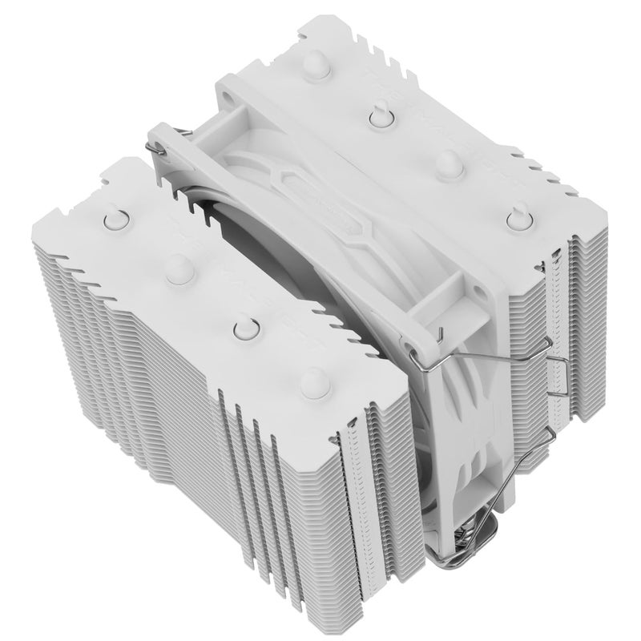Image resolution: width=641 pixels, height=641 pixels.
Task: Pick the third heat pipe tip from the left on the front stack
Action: [x=244, y=329]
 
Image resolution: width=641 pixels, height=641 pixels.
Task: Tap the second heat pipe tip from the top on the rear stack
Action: [x=377, y=118]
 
